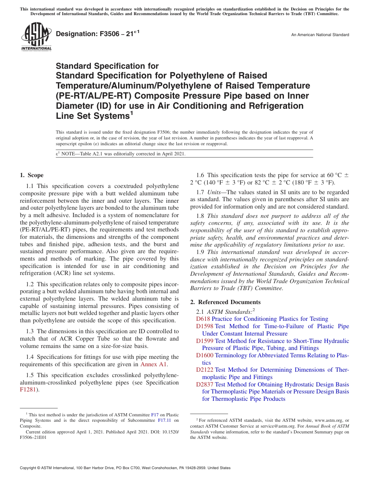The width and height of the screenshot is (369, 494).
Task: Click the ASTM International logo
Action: click(36, 37)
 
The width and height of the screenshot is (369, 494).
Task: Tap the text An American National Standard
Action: click(320, 35)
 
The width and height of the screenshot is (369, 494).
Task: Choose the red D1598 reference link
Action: click(205, 326)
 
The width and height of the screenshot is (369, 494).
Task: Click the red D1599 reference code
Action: click(205, 341)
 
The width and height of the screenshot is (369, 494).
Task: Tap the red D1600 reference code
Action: click(205, 355)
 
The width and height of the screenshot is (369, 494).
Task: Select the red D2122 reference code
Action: click(205, 370)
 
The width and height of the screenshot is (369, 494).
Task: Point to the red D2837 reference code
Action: click(205, 384)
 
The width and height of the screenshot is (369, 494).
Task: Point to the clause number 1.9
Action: click(200, 252)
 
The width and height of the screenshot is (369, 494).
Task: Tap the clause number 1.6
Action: click(200, 175)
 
